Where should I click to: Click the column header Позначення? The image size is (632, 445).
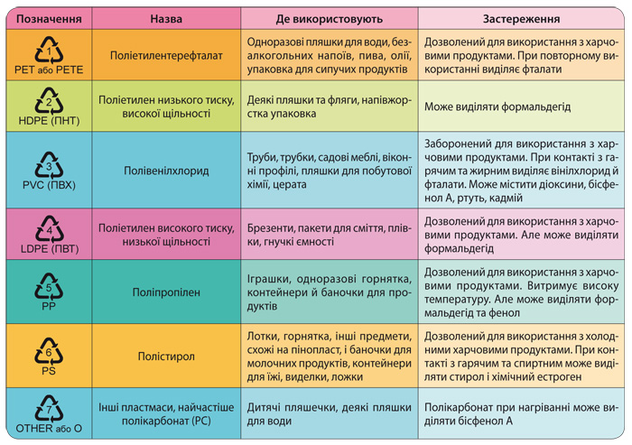[x=49, y=19]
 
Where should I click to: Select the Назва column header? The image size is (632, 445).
[x=166, y=19]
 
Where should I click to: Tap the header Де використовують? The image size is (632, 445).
[x=330, y=19]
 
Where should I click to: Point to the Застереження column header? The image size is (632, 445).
[x=521, y=19]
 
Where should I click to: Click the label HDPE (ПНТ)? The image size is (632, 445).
[x=49, y=121]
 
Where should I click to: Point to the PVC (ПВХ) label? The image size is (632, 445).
[x=49, y=185]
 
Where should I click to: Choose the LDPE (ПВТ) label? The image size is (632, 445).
[x=49, y=249]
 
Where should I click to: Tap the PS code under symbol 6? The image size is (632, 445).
[x=49, y=370]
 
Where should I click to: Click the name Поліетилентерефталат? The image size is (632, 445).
[x=166, y=55]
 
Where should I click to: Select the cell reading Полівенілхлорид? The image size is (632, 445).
[x=166, y=171]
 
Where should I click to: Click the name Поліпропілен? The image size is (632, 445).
[x=166, y=292]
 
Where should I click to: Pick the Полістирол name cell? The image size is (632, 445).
[x=166, y=357]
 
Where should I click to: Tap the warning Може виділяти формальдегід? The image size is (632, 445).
[x=497, y=107]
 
